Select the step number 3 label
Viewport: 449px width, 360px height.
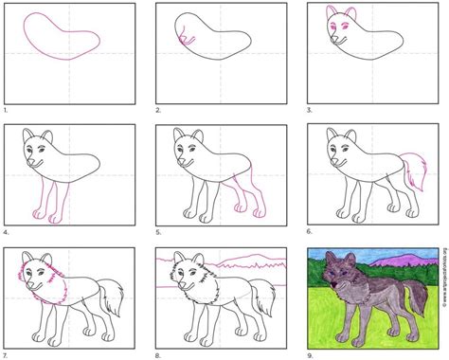(x=311, y=110)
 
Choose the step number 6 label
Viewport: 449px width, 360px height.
(x=311, y=231)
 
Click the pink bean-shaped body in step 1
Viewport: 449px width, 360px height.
(x=63, y=37)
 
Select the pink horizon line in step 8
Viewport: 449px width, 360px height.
(x=246, y=259)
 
